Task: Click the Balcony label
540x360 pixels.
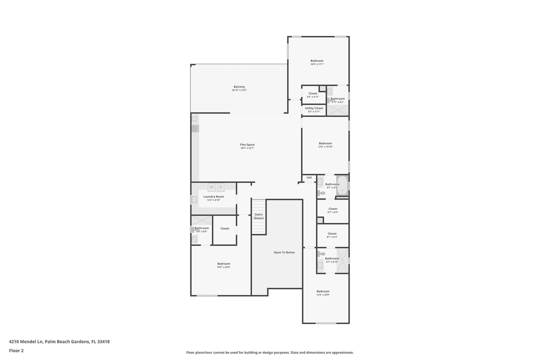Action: pyautogui.click(x=239, y=86)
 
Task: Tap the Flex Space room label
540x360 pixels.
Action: pyautogui.click(x=247, y=144)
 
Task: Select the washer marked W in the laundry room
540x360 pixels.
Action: pyautogui.click(x=211, y=187)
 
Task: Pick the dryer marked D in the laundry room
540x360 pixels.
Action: pyautogui.click(x=220, y=187)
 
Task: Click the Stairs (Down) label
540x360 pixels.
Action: pyautogui.click(x=258, y=216)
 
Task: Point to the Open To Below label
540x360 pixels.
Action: pyautogui.click(x=284, y=252)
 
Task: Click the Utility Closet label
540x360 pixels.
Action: pyautogui.click(x=314, y=108)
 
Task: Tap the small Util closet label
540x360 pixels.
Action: pyautogui.click(x=309, y=177)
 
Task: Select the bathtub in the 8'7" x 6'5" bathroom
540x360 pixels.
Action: pyautogui.click(x=342, y=185)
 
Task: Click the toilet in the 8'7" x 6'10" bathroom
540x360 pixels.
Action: pyautogui.click(x=321, y=254)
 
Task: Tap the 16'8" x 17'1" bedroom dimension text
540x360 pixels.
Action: pyautogui.click(x=317, y=64)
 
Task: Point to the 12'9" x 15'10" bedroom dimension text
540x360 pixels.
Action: pyautogui.click(x=325, y=146)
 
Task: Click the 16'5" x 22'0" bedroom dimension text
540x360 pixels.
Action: pyautogui.click(x=223, y=267)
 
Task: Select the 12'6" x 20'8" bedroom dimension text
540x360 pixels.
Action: pyautogui.click(x=323, y=294)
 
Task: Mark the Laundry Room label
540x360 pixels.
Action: pyautogui.click(x=213, y=196)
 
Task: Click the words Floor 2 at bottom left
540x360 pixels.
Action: pyautogui.click(x=16, y=350)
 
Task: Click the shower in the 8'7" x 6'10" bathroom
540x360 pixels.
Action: pyautogui.click(x=342, y=260)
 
